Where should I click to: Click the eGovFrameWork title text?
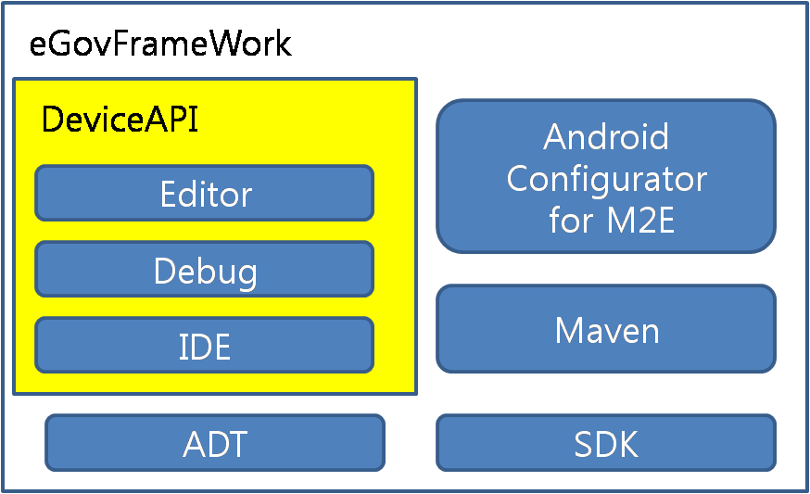click(160, 44)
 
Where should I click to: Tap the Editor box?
click(205, 194)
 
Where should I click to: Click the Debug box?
click(205, 271)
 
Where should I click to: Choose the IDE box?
click(205, 346)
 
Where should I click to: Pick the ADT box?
click(215, 443)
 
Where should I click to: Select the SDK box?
click(606, 443)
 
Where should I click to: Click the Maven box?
click(606, 330)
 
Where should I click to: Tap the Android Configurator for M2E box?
click(606, 176)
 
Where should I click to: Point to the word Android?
click(606, 137)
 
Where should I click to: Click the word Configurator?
click(606, 178)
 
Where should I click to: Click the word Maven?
click(606, 330)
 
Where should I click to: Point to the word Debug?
click(205, 272)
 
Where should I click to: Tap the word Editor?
click(205, 195)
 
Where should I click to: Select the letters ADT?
click(215, 444)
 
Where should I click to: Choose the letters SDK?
click(606, 444)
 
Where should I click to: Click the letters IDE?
click(205, 347)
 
